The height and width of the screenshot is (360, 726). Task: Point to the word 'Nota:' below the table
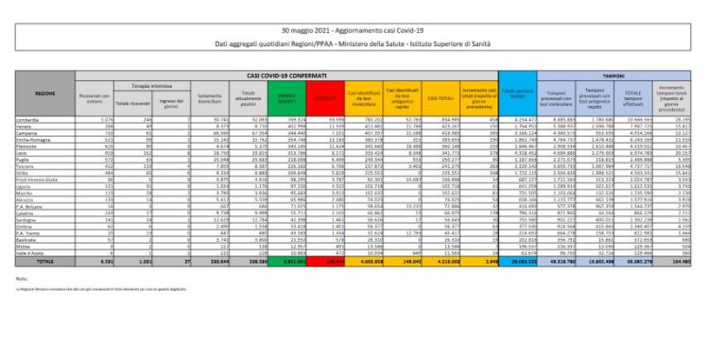coord(22,305)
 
